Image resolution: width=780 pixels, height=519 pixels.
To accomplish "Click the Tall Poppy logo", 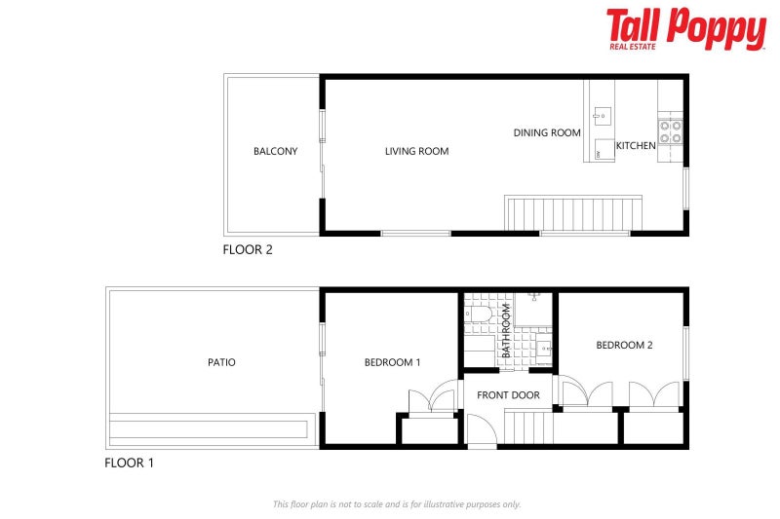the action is click(x=686, y=29).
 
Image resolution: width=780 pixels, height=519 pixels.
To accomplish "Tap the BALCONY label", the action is click(x=275, y=151).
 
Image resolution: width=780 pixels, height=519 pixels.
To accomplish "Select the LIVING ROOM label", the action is click(x=417, y=151).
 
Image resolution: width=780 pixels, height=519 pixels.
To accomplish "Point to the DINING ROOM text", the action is click(x=547, y=132).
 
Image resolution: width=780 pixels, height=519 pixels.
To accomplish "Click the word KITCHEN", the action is click(x=636, y=145).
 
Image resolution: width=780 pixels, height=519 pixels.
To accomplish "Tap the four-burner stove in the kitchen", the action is click(x=670, y=131).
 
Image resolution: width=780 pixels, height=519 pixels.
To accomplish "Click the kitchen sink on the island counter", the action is click(x=602, y=116).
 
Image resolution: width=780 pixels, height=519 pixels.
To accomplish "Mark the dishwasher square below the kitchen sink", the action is click(x=604, y=150).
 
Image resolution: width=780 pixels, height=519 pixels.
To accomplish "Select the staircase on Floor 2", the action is click(x=573, y=213).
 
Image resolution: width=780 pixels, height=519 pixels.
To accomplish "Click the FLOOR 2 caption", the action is click(x=248, y=249).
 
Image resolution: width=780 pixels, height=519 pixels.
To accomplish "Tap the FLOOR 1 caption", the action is click(x=129, y=463).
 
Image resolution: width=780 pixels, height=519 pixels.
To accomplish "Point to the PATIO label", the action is click(x=221, y=362).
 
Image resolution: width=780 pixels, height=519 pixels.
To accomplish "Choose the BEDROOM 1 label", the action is click(x=392, y=362).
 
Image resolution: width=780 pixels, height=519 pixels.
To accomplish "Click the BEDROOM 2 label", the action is click(x=624, y=345).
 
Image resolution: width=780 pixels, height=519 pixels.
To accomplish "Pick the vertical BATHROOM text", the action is click(x=506, y=330).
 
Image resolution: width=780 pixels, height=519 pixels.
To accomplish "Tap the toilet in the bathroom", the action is click(x=478, y=315).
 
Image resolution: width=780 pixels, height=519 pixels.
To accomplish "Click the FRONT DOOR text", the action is click(x=508, y=395).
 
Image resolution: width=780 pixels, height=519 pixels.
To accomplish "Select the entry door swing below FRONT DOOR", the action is click(x=482, y=429).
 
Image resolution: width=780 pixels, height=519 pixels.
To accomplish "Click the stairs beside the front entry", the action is click(x=529, y=426).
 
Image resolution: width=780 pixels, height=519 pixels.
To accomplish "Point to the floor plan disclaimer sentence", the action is click(x=397, y=504).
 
